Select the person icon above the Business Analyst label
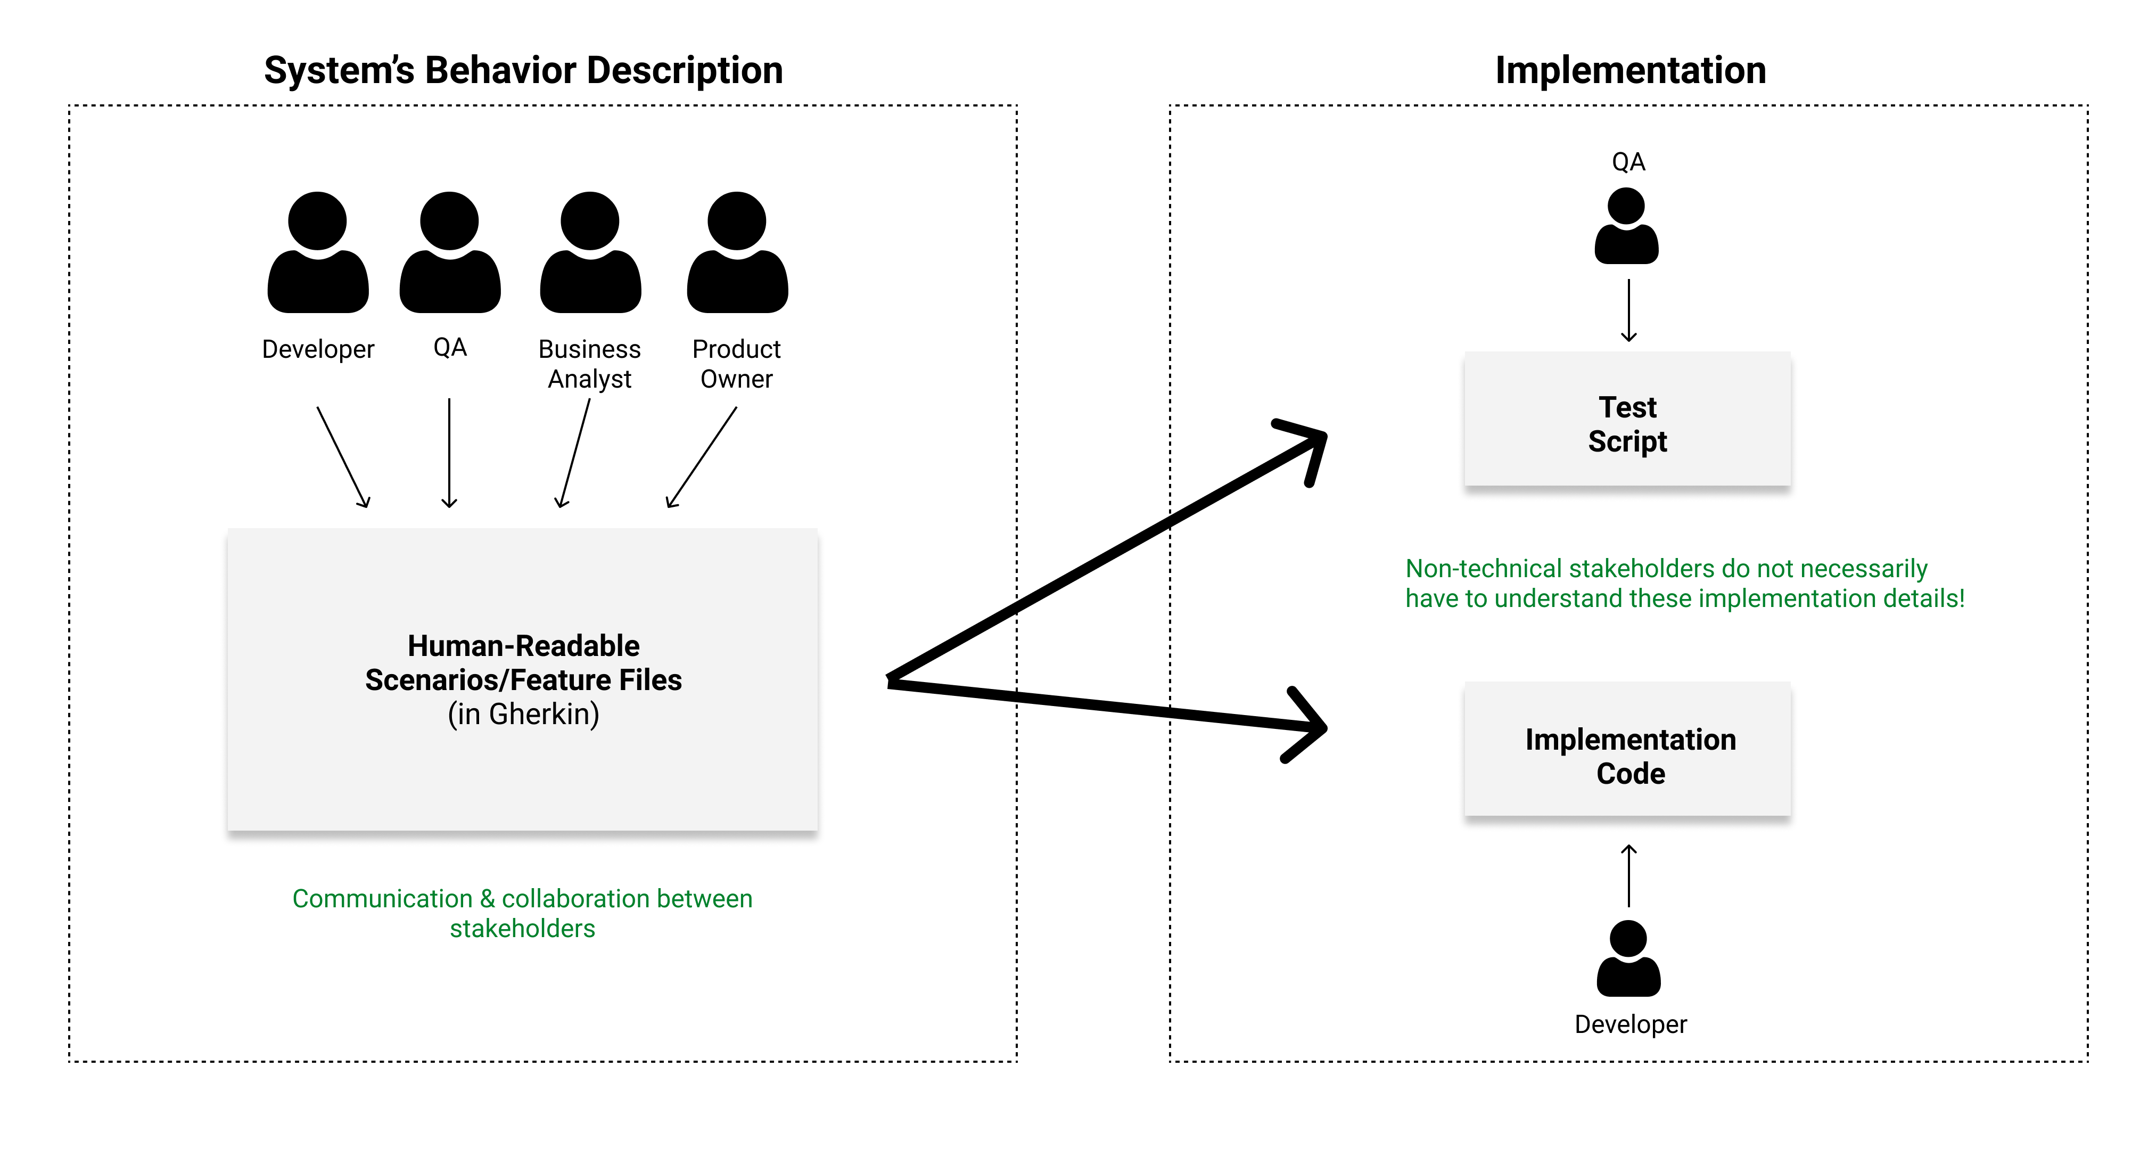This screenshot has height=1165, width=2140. (590, 253)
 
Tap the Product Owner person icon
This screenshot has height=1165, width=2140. (737, 253)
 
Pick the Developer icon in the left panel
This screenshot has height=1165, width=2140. (317, 253)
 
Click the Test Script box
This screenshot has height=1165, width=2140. (1627, 420)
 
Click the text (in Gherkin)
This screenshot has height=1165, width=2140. (523, 714)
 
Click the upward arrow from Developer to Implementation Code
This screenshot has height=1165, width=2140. (1628, 876)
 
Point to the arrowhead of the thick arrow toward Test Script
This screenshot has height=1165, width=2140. (1313, 440)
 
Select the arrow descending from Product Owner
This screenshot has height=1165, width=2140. (702, 457)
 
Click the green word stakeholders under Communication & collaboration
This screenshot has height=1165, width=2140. (523, 928)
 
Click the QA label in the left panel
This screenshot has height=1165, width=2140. (449, 347)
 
